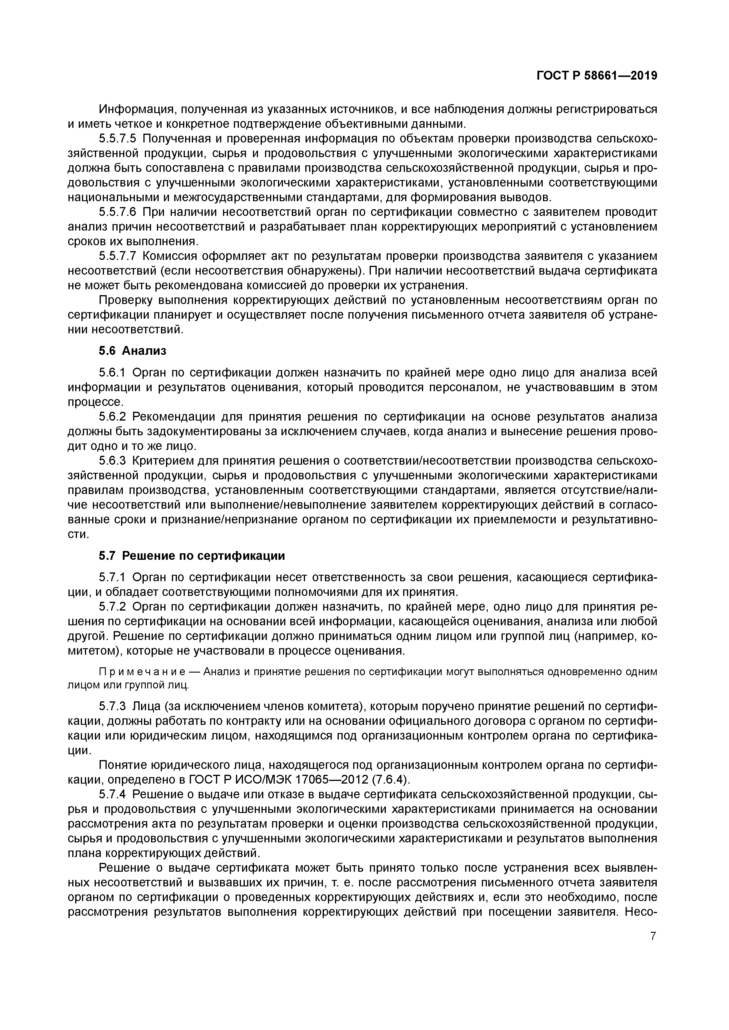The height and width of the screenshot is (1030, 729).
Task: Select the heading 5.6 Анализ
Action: tap(133, 351)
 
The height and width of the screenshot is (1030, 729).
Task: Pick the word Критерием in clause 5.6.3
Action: tap(163, 461)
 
